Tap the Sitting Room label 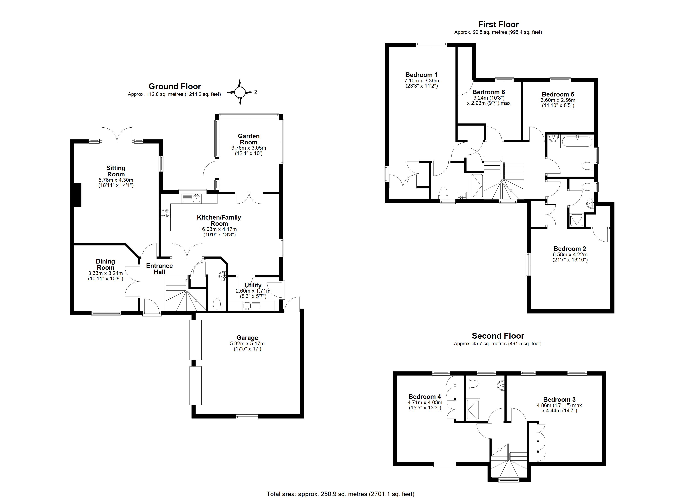click(116, 171)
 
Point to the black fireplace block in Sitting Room click(78, 195)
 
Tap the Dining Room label click(105, 264)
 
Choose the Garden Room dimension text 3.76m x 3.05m click(248, 148)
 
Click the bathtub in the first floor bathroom click(577, 141)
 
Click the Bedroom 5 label click(558, 94)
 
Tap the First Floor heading click(498, 24)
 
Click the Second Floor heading click(498, 336)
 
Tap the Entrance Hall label click(159, 269)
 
